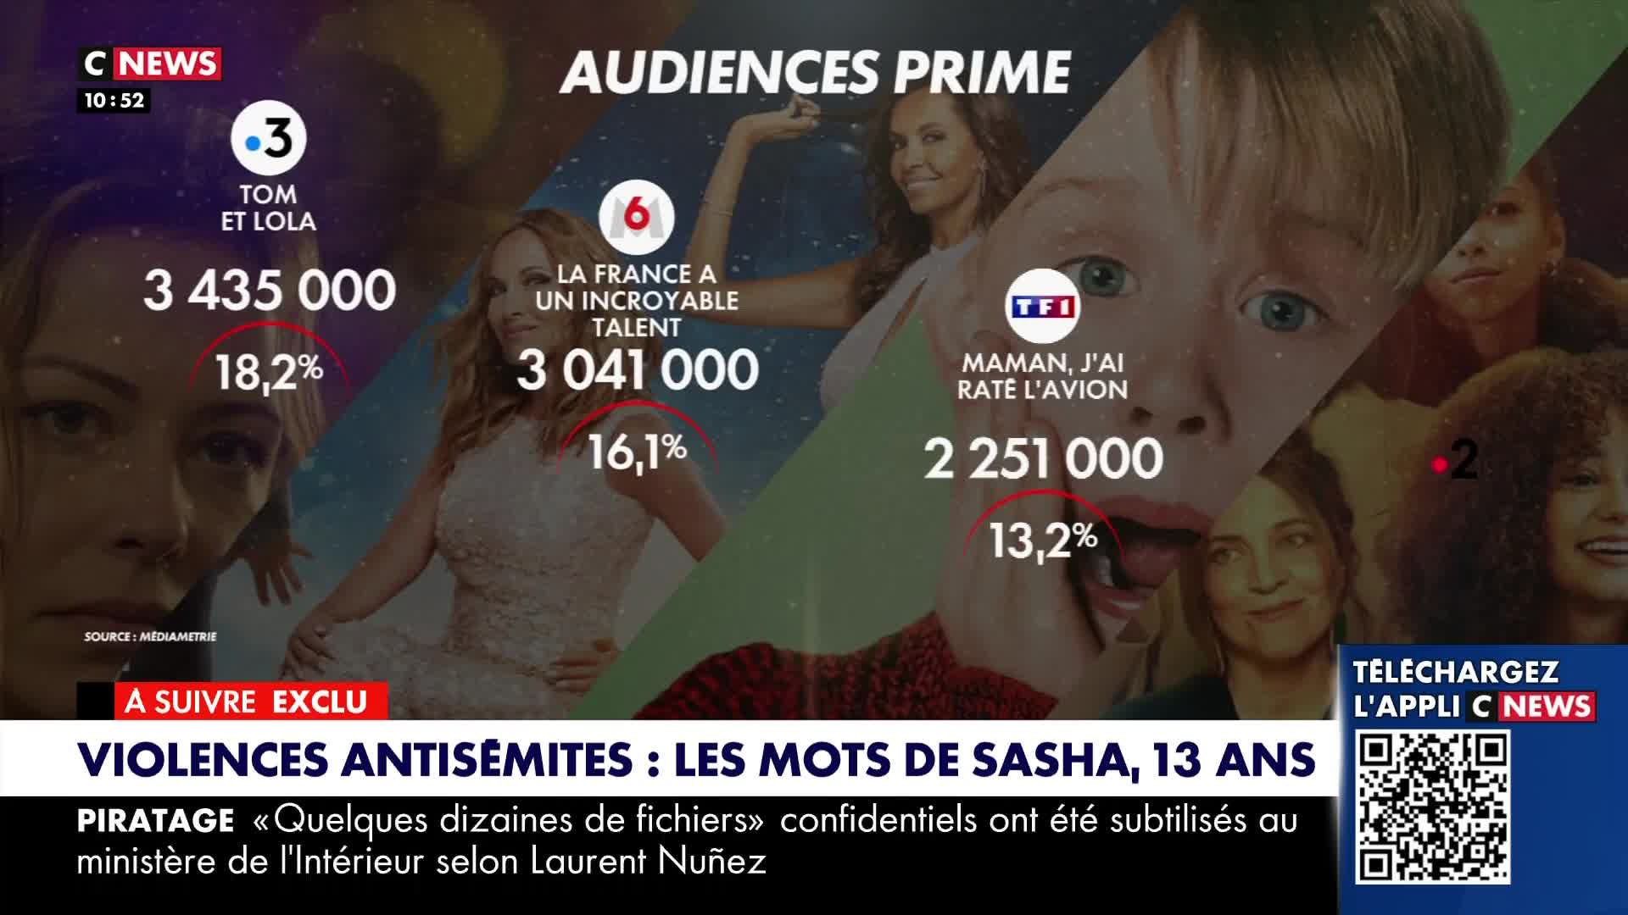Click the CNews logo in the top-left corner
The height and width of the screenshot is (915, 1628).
(150, 64)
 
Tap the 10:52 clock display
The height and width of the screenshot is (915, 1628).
(114, 100)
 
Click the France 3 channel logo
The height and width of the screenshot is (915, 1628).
(269, 138)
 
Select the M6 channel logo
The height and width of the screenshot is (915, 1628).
(636, 217)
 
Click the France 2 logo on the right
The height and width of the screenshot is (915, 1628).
(1455, 463)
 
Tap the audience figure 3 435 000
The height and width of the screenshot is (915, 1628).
(270, 290)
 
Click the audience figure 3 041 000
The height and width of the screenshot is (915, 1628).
(638, 370)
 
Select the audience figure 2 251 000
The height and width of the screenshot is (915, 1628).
(1043, 458)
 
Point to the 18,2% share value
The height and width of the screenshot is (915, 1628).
(269, 371)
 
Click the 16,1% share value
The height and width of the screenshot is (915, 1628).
(637, 452)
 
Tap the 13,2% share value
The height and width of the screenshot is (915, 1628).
(1043, 540)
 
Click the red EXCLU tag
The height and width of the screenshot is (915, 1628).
(320, 701)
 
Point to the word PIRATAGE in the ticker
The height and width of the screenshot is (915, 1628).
(156, 820)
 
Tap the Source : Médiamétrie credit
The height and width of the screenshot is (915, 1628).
(150, 636)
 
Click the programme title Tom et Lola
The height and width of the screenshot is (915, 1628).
(268, 208)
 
